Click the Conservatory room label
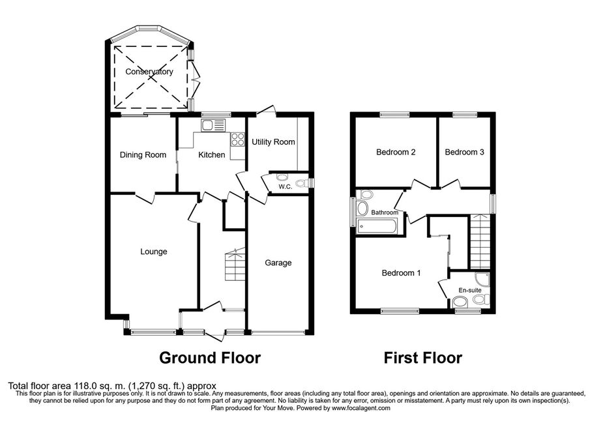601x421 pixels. [149, 72]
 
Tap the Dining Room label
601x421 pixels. [143, 154]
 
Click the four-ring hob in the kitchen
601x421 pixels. [238, 139]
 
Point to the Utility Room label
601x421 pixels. [273, 142]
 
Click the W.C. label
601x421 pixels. [285, 187]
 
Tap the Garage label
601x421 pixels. [278, 263]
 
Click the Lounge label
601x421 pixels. [154, 252]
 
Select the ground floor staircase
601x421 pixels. [235, 265]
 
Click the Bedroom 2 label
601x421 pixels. [396, 152]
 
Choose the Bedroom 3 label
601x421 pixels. [464, 152]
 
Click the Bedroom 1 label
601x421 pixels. [402, 273]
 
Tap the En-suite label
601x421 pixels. [470, 291]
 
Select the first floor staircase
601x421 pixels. [480, 241]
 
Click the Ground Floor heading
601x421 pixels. [210, 358]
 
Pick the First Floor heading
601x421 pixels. [423, 358]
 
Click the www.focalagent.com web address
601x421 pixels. [361, 409]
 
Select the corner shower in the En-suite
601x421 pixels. [482, 280]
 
